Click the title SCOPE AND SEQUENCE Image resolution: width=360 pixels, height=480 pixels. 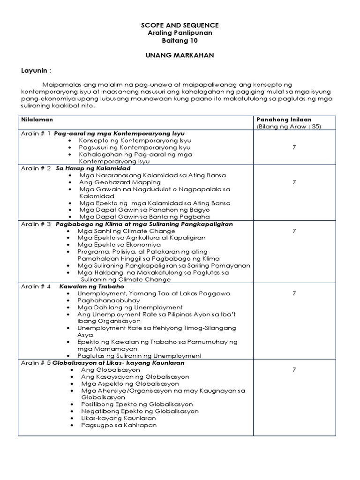point(180,25)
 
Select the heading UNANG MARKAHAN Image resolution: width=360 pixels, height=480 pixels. point(180,55)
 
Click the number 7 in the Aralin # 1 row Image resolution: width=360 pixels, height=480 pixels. point(294,147)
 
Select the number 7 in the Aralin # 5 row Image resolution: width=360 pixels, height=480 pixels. point(294,370)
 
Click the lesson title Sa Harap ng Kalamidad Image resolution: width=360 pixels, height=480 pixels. point(93,168)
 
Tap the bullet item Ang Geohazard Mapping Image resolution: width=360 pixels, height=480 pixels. point(120,182)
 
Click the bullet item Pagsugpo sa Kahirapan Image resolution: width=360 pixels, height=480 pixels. point(119,425)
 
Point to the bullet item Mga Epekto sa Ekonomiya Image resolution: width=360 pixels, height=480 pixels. point(119,245)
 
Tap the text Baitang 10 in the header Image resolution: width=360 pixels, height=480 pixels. point(180,40)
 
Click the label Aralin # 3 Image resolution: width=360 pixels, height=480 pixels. point(36,224)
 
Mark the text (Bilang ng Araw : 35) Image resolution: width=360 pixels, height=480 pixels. point(288,127)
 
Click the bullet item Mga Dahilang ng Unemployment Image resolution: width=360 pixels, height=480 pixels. point(130,307)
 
